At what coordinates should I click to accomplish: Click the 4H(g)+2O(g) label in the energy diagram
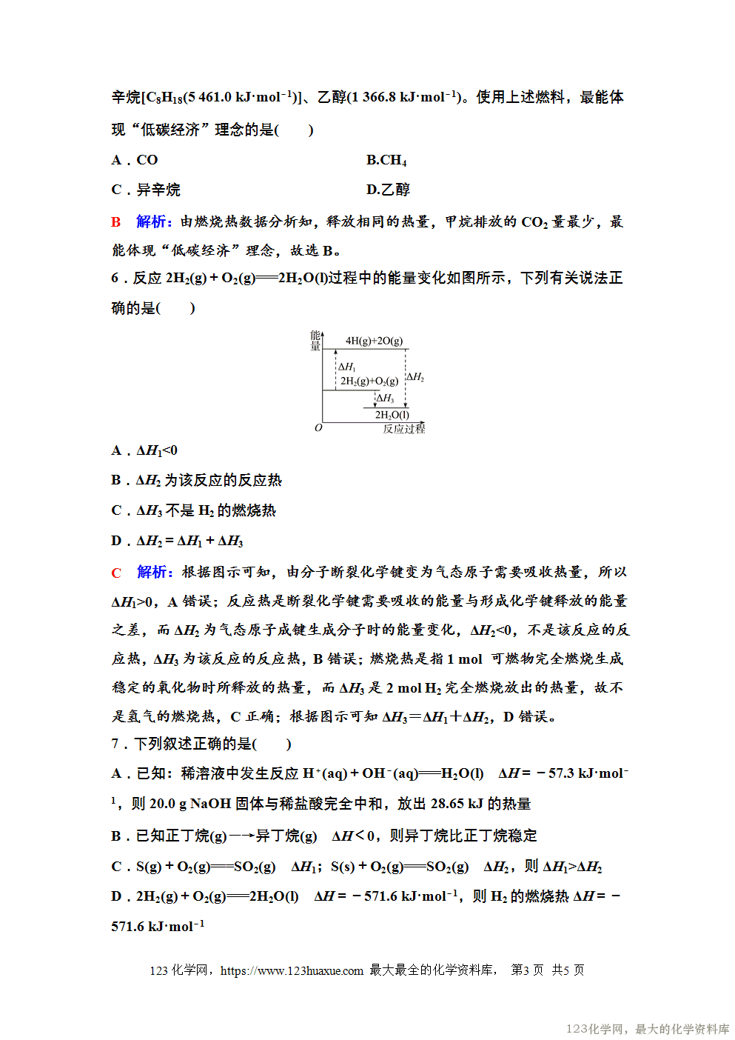374,341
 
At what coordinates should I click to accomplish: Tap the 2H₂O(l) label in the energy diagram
392,415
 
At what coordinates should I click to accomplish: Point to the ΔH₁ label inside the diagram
347,367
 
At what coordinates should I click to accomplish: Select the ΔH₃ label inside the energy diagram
385,399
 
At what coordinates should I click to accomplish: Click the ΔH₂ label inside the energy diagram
415,377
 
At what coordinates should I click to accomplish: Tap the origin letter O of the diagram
318,428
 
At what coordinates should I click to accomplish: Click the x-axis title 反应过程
403,429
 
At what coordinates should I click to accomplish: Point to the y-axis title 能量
315,341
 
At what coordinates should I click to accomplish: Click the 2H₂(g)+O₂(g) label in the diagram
369,381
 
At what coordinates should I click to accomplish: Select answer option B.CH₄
386,160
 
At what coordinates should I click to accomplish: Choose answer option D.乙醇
388,190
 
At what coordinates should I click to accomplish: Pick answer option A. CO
135,160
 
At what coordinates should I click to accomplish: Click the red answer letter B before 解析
116,221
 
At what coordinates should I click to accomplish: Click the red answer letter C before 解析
116,573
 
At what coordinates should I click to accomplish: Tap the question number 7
115,744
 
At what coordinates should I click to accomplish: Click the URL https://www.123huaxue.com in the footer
292,970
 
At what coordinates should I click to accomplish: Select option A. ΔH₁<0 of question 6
144,450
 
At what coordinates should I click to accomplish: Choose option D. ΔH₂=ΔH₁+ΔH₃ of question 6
177,541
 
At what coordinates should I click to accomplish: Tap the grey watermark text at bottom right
648,1029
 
